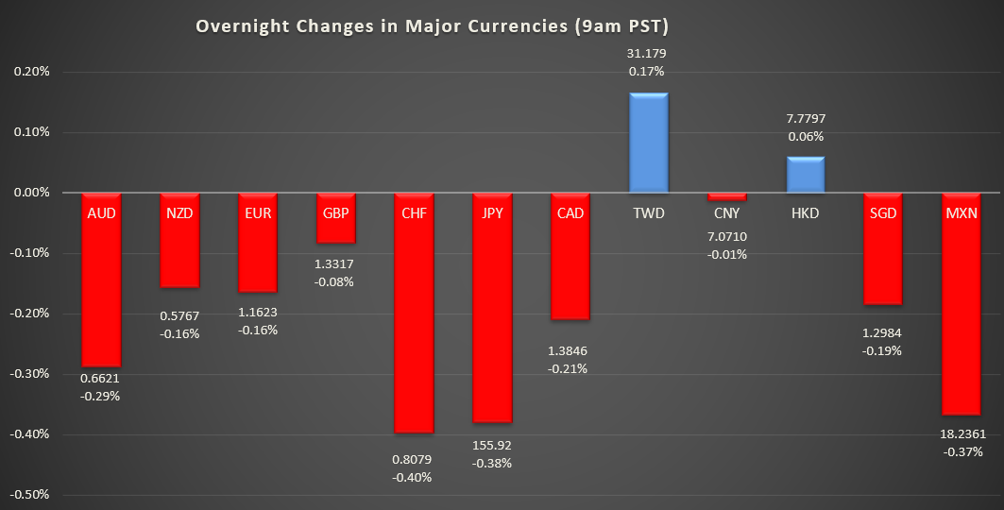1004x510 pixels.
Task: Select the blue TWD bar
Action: click(648, 143)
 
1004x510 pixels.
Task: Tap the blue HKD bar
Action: click(805, 175)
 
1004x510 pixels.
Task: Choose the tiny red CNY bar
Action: click(726, 197)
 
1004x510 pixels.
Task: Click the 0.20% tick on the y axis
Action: click(30, 72)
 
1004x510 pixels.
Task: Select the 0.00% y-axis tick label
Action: click(30, 193)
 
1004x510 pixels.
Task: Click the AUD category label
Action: click(101, 213)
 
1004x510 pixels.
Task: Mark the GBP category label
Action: click(335, 213)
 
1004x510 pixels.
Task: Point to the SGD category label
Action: click(882, 213)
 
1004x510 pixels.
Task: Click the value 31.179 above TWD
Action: click(648, 53)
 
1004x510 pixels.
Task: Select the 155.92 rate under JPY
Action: click(492, 444)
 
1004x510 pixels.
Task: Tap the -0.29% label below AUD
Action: click(101, 396)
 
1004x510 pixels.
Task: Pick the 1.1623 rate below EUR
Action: click(257, 312)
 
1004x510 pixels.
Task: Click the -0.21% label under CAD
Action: click(570, 368)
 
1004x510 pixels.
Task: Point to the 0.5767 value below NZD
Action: click(179, 315)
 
